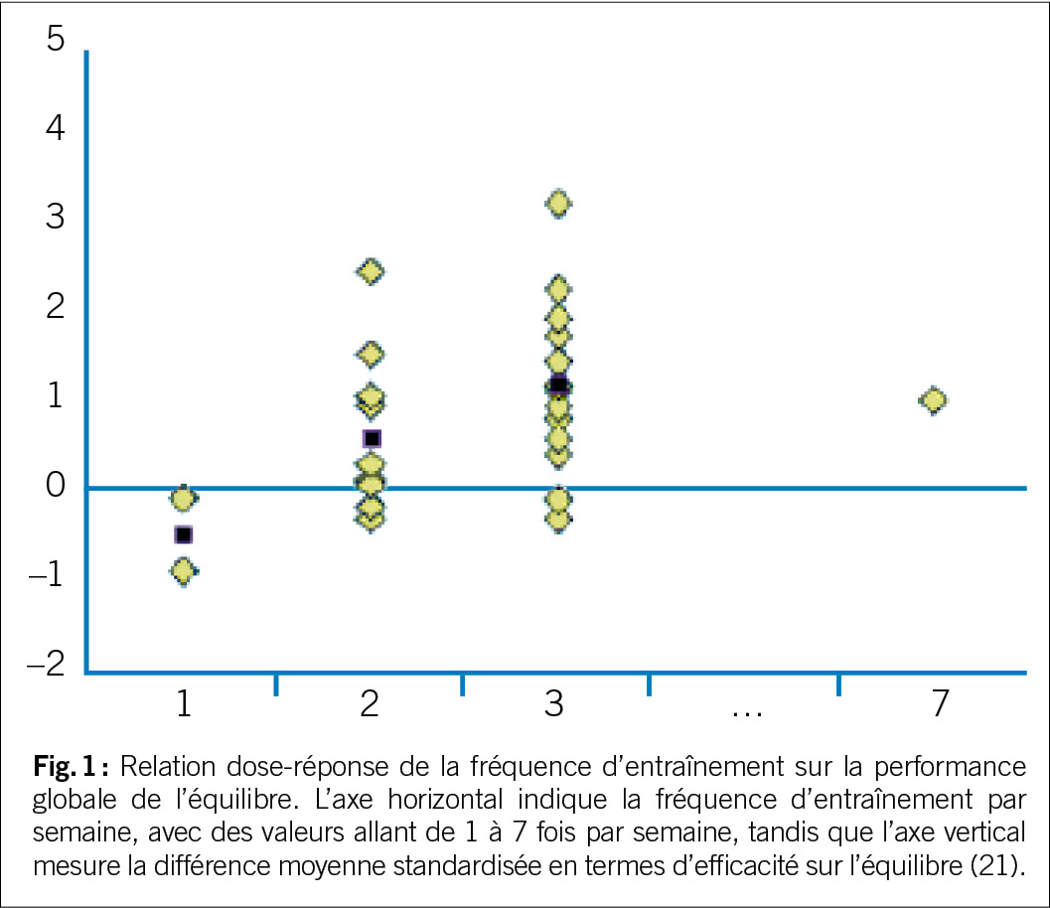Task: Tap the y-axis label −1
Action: [x=46, y=574]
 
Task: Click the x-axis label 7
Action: [x=940, y=703]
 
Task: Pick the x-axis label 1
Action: [x=183, y=703]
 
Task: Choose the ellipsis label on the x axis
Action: [x=745, y=707]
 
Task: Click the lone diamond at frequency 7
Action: [x=933, y=400]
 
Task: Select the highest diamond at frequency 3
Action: [x=558, y=204]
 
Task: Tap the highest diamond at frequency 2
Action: [x=371, y=271]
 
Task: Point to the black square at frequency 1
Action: [x=183, y=534]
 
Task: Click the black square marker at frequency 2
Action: [x=372, y=438]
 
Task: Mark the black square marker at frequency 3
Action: [x=558, y=384]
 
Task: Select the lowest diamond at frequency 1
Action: [x=183, y=570]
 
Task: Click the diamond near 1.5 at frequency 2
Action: [x=371, y=354]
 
